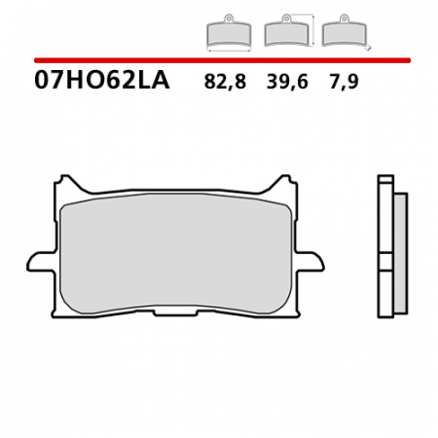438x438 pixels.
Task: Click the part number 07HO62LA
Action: tap(101, 82)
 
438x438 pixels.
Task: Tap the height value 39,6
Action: tap(286, 83)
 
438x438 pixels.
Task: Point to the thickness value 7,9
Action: tap(344, 83)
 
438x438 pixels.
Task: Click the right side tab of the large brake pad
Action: tap(311, 261)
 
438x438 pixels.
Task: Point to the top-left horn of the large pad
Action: tap(66, 182)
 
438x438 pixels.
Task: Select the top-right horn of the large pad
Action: tap(285, 182)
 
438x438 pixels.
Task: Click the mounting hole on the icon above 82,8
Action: tap(229, 18)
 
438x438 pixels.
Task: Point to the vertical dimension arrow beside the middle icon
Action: tap(313, 30)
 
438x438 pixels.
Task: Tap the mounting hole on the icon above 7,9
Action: tap(344, 18)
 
